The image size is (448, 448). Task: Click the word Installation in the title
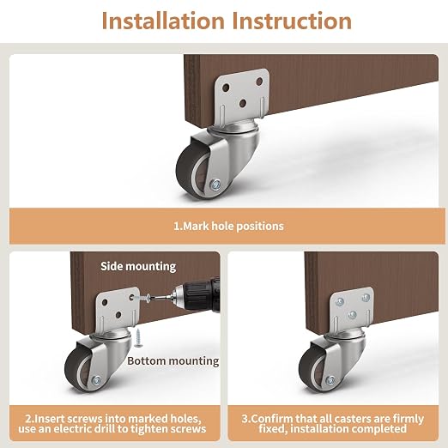pyautogui.click(x=163, y=21)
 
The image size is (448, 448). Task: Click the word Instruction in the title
pyautogui.click(x=292, y=21)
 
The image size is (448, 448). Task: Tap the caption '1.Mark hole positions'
pyautogui.click(x=228, y=226)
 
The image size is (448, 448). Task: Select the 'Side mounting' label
pyautogui.click(x=138, y=266)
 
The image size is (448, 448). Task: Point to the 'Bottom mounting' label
pyautogui.click(x=173, y=361)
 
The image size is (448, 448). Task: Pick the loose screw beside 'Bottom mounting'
pyautogui.click(x=138, y=338)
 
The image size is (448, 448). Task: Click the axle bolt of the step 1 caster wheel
pyautogui.click(x=215, y=185)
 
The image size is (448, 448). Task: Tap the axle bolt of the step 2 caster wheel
pyautogui.click(x=97, y=380)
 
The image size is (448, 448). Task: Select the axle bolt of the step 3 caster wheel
pyautogui.click(x=330, y=380)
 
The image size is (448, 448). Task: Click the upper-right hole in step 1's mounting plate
pyautogui.click(x=259, y=82)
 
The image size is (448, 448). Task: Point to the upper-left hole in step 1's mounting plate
pyautogui.click(x=226, y=88)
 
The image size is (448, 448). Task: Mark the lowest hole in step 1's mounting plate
pyautogui.click(x=243, y=103)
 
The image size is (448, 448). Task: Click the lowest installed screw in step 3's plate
pyautogui.click(x=353, y=315)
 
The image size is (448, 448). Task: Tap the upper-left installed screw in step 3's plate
pyautogui.click(x=340, y=301)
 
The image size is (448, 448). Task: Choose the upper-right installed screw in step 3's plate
pyautogui.click(x=366, y=298)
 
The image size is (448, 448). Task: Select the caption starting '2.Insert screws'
pyautogui.click(x=112, y=424)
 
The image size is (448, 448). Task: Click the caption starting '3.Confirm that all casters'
pyautogui.click(x=333, y=424)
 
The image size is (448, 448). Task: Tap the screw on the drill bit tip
pyautogui.click(x=144, y=299)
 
